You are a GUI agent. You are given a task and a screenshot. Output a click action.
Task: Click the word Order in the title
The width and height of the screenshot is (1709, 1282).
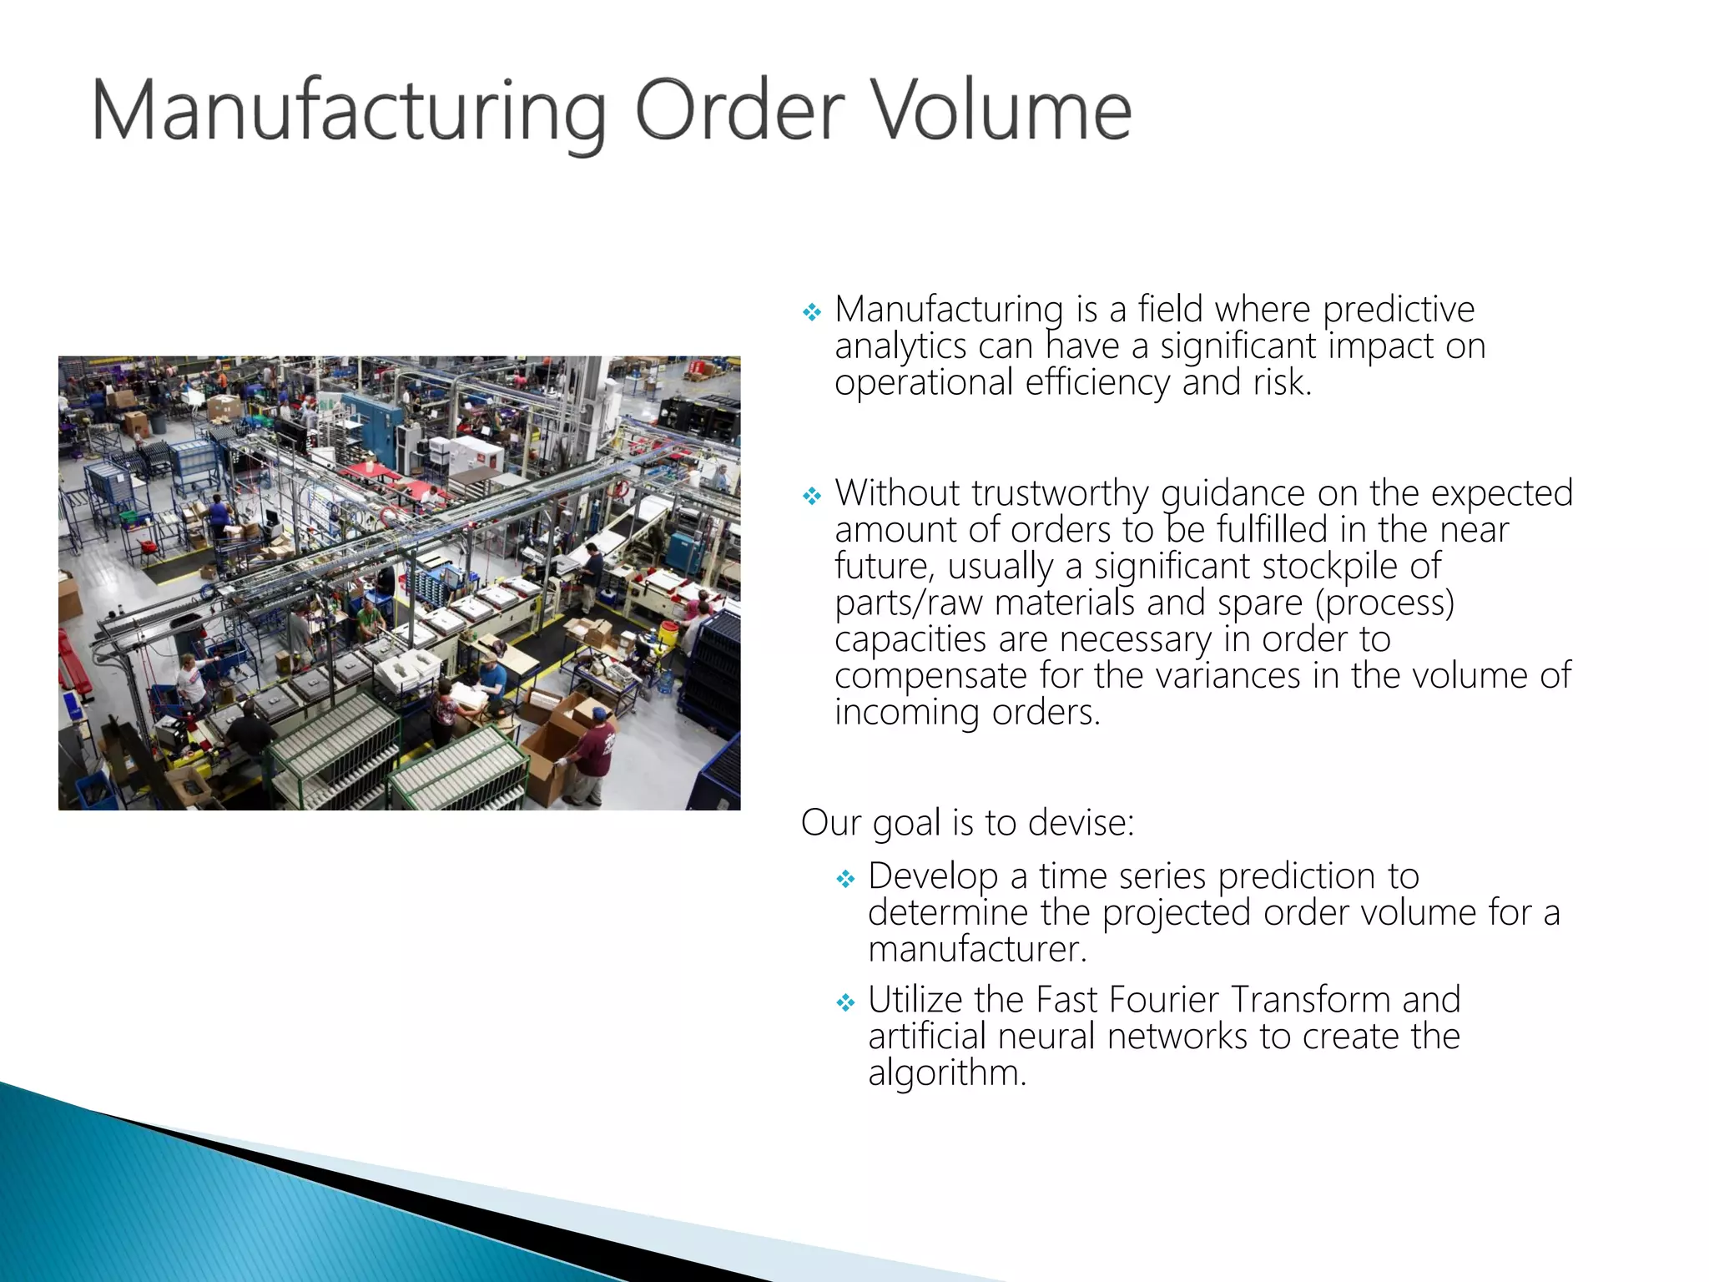point(739,111)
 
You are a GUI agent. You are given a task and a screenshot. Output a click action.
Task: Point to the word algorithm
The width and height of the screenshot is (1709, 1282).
point(946,1074)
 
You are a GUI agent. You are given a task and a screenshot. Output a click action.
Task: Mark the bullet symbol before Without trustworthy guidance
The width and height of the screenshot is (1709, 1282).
point(812,497)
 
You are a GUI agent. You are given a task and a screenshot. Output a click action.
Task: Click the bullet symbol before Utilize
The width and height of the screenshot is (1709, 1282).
point(845,1002)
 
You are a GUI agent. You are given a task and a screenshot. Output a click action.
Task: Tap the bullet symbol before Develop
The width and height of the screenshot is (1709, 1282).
point(845,879)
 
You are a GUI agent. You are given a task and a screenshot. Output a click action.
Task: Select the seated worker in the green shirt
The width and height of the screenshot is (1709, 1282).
point(368,619)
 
